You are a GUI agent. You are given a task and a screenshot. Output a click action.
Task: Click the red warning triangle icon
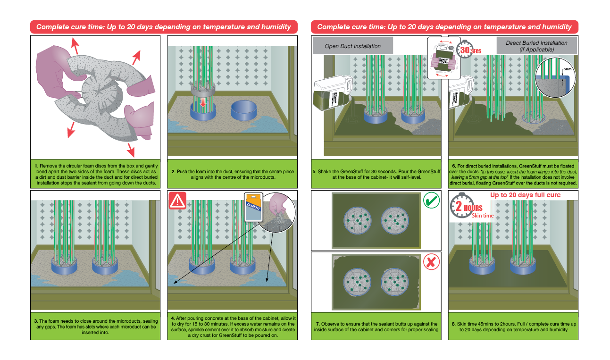pyautogui.click(x=177, y=201)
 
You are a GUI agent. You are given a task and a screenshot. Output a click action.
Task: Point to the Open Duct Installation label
pyautogui.click(x=353, y=46)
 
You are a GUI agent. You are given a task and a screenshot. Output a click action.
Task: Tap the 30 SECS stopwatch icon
pyautogui.click(x=465, y=49)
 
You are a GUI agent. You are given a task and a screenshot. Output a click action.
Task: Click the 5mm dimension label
pyautogui.click(x=568, y=69)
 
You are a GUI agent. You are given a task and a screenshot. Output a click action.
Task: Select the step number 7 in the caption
pyautogui.click(x=315, y=324)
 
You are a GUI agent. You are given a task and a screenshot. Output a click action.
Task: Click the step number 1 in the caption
pyautogui.click(x=36, y=166)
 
